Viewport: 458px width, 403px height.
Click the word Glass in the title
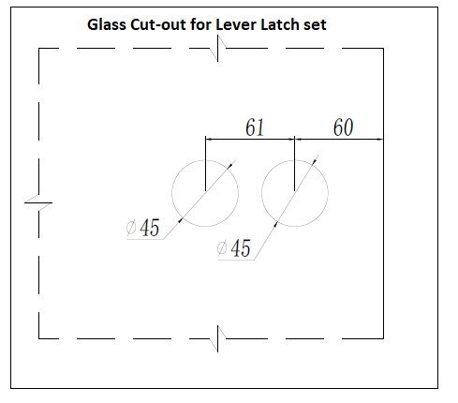pyautogui.click(x=106, y=24)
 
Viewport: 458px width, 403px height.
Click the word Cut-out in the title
pyautogui.click(x=158, y=24)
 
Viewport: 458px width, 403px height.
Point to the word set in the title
pyautogui.click(x=315, y=25)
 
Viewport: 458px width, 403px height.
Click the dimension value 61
pyautogui.click(x=255, y=127)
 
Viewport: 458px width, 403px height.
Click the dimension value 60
pyautogui.click(x=343, y=127)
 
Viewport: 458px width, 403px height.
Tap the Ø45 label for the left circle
pyautogui.click(x=143, y=228)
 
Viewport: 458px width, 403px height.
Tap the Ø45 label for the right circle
pyautogui.click(x=234, y=248)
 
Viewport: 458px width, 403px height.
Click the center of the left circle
pyautogui.click(x=205, y=193)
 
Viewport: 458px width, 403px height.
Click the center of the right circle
pyautogui.click(x=295, y=193)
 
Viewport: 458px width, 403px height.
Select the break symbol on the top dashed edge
pyautogui.click(x=217, y=49)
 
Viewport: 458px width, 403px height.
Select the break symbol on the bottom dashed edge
pyautogui.click(x=217, y=338)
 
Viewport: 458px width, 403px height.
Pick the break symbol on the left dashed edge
pyautogui.click(x=38, y=202)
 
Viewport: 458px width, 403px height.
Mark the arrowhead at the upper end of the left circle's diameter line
pyautogui.click(x=230, y=166)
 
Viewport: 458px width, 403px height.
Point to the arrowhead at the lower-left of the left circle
pyautogui.click(x=180, y=220)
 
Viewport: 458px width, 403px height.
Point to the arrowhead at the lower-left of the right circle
pyautogui.click(x=275, y=224)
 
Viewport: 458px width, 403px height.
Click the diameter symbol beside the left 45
pyautogui.click(x=131, y=228)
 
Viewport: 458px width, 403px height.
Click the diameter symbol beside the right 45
pyautogui.click(x=222, y=248)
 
